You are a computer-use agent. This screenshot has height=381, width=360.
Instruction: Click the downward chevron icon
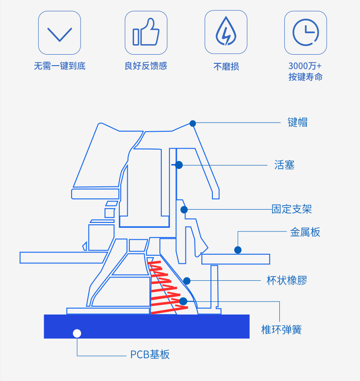60,34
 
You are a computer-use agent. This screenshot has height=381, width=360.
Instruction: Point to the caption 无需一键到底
60,66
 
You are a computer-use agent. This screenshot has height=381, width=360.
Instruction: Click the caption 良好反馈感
146,66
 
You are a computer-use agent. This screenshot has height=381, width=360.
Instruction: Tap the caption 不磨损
226,67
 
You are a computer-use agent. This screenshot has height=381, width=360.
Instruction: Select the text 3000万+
305,66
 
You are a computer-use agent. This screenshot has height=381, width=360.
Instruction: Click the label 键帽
298,122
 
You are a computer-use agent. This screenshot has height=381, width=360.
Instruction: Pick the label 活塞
284,165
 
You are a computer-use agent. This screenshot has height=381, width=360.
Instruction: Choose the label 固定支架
292,209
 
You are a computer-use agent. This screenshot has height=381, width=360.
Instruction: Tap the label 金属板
305,232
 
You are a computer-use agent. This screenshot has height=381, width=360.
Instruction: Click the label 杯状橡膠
287,280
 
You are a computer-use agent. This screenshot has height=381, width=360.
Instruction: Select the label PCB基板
150,355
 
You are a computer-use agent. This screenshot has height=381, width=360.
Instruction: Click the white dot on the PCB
77,333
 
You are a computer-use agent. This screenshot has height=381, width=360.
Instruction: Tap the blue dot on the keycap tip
193,123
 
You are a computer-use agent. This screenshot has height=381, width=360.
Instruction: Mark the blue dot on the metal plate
238,250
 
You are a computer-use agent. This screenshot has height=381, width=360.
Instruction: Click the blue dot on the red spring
183,301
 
